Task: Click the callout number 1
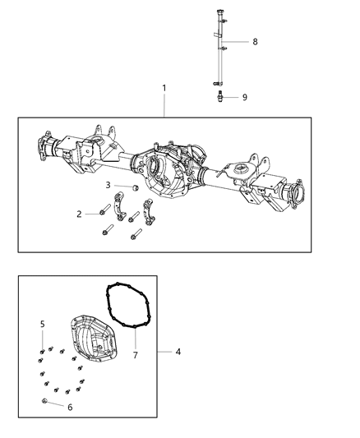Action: [x=164, y=88]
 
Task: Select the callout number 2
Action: [x=79, y=214]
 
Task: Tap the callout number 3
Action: [x=108, y=185]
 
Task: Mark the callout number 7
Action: [x=136, y=356]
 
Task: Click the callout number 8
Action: [x=254, y=41]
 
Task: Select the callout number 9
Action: [x=243, y=97]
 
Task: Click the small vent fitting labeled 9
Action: [x=219, y=97]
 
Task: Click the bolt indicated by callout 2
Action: [x=102, y=214]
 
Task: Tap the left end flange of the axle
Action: [x=41, y=150]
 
